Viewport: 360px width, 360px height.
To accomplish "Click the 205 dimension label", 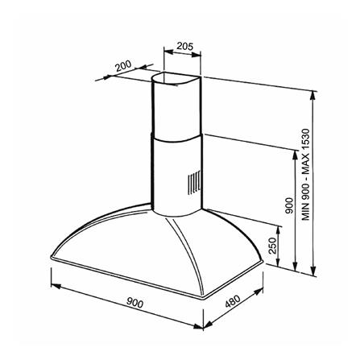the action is click(x=185, y=47).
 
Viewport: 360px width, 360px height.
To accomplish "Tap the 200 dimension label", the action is click(x=123, y=66).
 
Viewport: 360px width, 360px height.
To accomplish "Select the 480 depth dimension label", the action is click(x=233, y=301).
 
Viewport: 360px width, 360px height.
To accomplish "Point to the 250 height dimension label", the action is click(x=272, y=246).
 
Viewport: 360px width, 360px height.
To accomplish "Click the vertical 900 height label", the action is click(x=289, y=205).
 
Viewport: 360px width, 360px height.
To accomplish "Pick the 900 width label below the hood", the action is click(x=134, y=303).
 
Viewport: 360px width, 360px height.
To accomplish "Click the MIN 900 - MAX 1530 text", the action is click(x=306, y=175).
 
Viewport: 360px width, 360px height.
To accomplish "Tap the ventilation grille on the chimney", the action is click(x=194, y=183).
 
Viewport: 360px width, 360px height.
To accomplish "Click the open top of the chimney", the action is click(x=176, y=78).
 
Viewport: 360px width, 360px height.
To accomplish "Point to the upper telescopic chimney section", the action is click(x=176, y=107).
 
